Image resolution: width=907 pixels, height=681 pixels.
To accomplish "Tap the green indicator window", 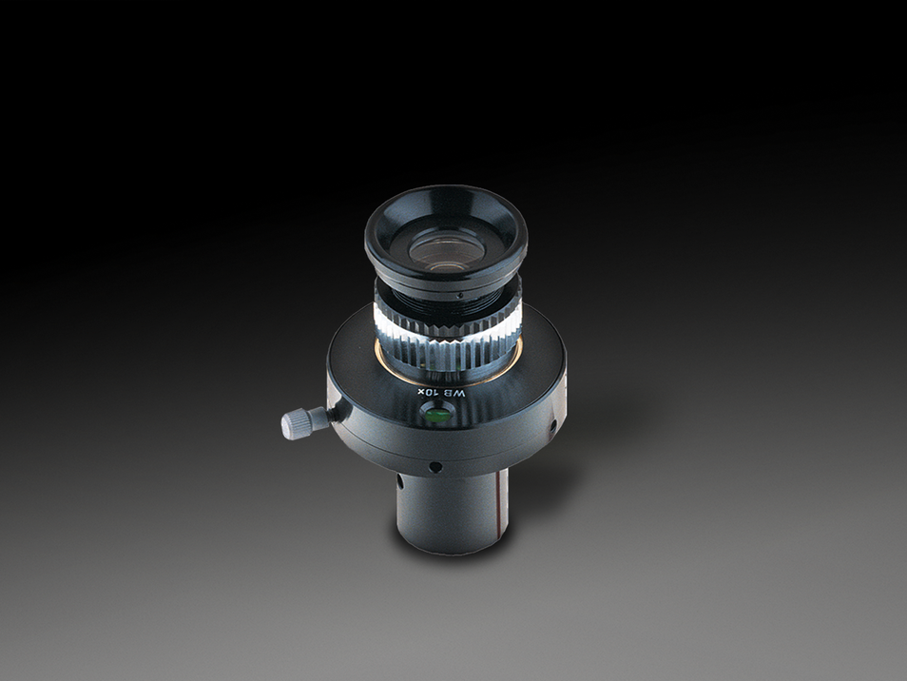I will coord(435,415).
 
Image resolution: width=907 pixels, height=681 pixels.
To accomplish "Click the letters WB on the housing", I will coord(458,392).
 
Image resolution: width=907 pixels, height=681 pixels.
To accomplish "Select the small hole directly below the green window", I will coord(434,467).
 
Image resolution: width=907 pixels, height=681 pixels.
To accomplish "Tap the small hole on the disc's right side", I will coord(551,426).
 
